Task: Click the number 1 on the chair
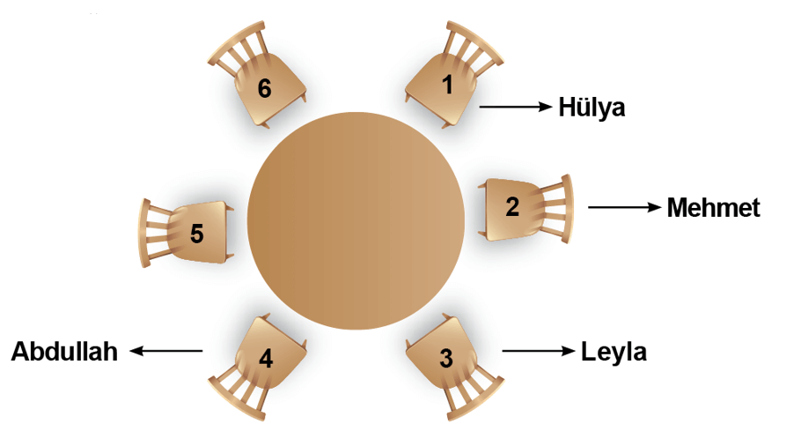[447, 85]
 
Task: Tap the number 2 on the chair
[512, 206]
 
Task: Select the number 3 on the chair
[446, 358]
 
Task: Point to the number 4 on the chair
[266, 358]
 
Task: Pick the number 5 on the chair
[196, 234]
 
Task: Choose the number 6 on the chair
[264, 88]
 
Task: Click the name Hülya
[592, 108]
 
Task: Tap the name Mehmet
[714, 208]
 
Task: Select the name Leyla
[614, 353]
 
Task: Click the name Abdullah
[64, 352]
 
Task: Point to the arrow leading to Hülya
[516, 107]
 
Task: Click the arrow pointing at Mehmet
[625, 207]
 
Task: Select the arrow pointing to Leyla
[539, 351]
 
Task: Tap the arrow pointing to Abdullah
[166, 351]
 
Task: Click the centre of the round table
[356, 220]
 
